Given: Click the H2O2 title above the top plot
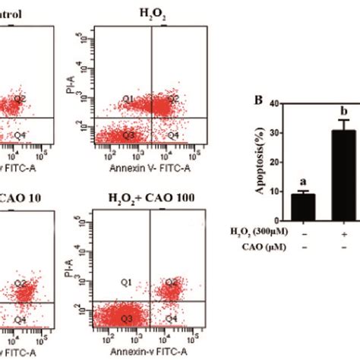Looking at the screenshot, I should pyautogui.click(x=138, y=12).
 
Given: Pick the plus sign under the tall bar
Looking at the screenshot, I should pyautogui.click(x=343, y=232).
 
